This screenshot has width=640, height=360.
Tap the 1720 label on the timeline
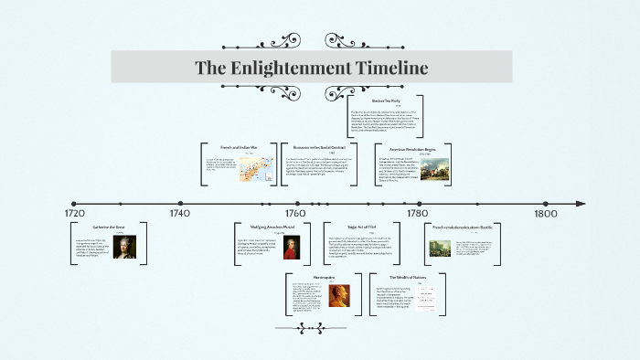pos(75,214)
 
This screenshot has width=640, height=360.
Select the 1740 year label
pos(179,214)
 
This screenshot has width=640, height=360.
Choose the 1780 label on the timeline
pos(417,214)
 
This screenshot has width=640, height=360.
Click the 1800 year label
pos(546,214)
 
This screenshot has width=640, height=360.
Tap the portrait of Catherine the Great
pos(124,249)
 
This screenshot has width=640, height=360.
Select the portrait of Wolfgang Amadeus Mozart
pos(291,249)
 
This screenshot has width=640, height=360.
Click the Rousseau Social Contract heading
pos(319,147)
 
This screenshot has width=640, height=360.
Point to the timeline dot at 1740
pos(180,204)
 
